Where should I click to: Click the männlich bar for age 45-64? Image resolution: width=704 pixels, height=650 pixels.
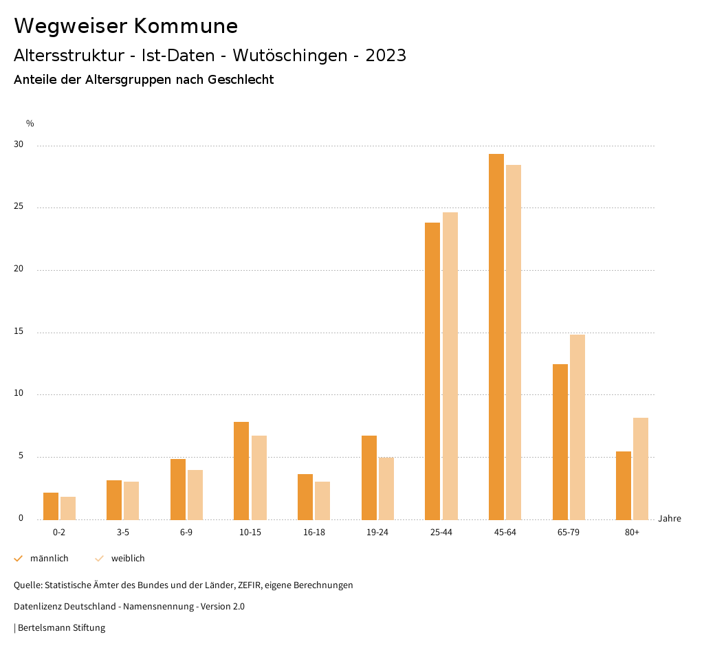(x=496, y=337)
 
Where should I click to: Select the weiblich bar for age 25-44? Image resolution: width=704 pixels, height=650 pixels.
(x=450, y=366)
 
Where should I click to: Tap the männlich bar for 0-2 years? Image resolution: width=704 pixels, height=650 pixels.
(x=50, y=506)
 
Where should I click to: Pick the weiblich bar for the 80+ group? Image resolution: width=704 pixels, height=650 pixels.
(x=641, y=469)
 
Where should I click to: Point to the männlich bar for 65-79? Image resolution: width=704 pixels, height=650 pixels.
(x=560, y=442)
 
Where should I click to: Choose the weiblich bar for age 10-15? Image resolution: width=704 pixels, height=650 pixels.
(x=259, y=478)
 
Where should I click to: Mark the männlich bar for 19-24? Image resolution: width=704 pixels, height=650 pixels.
(x=368, y=478)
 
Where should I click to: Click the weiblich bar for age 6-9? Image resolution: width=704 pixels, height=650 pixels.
(x=195, y=495)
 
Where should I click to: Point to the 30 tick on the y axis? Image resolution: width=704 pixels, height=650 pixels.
(x=19, y=145)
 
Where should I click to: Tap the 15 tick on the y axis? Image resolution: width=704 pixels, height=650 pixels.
(x=19, y=332)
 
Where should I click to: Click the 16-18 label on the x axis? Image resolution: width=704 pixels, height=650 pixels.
(x=313, y=533)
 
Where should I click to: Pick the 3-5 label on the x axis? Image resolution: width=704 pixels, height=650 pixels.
(x=122, y=533)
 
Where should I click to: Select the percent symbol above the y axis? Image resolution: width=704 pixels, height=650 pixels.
(x=30, y=124)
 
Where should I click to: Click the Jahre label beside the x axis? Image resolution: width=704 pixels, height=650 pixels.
(x=669, y=519)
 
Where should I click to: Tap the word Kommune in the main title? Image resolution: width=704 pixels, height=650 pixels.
(x=186, y=26)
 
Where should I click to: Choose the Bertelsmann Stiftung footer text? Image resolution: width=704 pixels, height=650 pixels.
(x=61, y=628)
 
